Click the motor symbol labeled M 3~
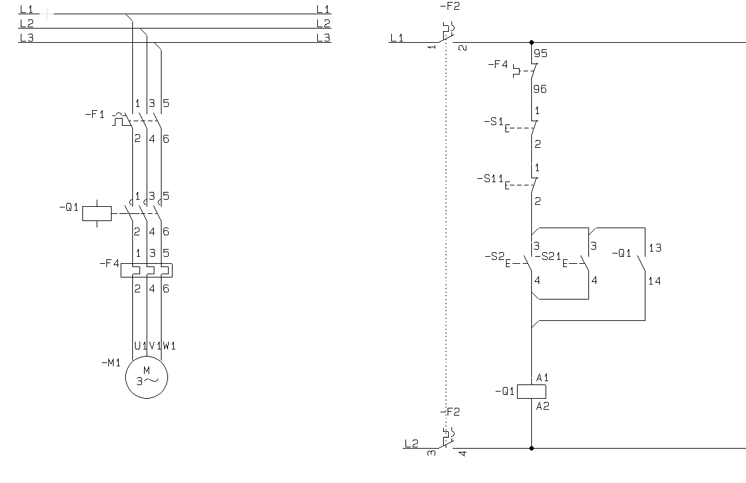click(147, 376)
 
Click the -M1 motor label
click(111, 362)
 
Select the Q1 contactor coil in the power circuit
click(97, 213)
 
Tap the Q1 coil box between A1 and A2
click(531, 392)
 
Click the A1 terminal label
click(543, 377)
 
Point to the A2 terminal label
click(543, 406)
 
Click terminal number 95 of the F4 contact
click(540, 54)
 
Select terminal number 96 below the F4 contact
click(540, 89)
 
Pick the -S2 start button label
click(494, 256)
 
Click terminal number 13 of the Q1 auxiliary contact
click(655, 248)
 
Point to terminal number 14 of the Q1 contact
click(655, 281)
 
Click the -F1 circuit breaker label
click(95, 114)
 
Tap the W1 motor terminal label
click(169, 346)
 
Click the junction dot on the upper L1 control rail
click(531, 43)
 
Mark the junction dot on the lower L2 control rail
click(531, 448)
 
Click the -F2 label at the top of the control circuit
click(449, 6)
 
